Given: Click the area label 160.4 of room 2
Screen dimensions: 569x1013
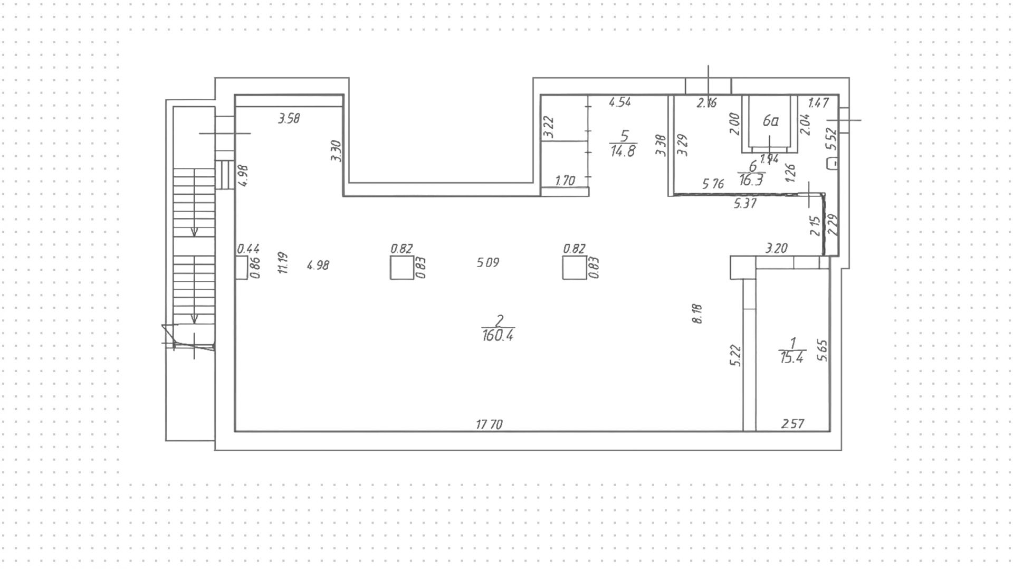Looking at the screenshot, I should pos(498,335).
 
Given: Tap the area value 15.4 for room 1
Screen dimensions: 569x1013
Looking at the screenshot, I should pos(791,357).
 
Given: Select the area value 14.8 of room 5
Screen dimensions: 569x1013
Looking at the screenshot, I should pos(623,151).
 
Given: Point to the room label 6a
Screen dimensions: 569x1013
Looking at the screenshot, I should pos(770,121).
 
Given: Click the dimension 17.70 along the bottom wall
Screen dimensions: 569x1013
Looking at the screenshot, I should pos(489,424).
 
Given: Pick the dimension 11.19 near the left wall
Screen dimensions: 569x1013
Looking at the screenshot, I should pos(283,262).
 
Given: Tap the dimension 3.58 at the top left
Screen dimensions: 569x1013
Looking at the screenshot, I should pos(289,119).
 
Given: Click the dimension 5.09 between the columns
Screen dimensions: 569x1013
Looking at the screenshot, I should pos(488,262).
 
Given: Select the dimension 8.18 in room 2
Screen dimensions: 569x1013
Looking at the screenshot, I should pos(697,313).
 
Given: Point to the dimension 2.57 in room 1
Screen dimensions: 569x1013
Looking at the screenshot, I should pos(792,424).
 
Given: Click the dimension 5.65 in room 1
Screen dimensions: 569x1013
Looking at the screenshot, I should pos(822,350).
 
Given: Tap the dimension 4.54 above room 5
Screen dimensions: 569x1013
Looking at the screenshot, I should pos(619,102).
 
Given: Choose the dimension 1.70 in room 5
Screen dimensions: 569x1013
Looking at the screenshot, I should pos(565,181).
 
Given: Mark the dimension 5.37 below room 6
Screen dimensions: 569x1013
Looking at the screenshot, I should pos(745,203).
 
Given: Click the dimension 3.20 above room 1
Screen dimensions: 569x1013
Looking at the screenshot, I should pos(776,248).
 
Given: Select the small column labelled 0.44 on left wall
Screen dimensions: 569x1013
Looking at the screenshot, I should pos(242,268).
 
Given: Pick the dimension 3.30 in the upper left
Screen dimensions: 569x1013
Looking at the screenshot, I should pos(336,150).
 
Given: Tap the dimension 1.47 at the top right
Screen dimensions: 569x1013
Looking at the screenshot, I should pos(818,102).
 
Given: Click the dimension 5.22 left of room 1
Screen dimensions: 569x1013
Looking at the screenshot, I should pos(736,355).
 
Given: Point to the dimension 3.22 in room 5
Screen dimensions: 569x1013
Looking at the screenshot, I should pos(549,127).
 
